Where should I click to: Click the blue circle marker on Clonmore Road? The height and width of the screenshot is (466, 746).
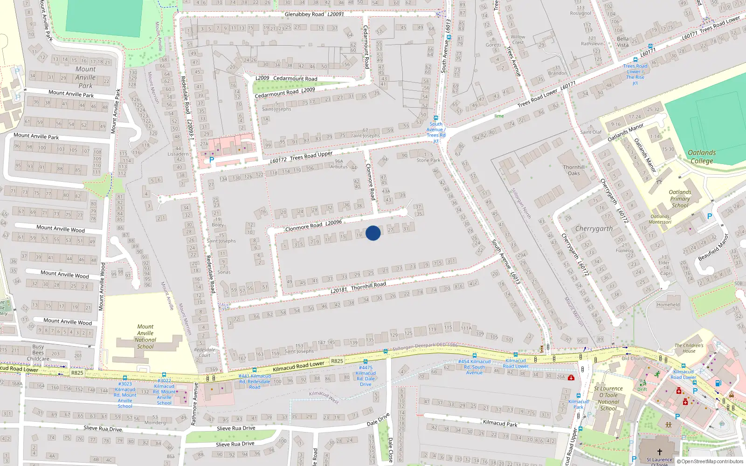pyautogui.click(x=373, y=233)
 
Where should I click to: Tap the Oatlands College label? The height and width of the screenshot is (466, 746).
pyautogui.click(x=702, y=157)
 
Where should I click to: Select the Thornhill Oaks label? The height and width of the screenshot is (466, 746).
pyautogui.click(x=573, y=170)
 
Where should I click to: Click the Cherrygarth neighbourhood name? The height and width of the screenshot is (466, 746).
pyautogui.click(x=594, y=228)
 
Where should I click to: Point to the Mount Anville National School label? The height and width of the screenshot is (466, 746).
pyautogui.click(x=145, y=336)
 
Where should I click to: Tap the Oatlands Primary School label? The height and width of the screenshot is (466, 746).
pyautogui.click(x=680, y=199)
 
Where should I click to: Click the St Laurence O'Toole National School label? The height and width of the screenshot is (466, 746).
pyautogui.click(x=608, y=398)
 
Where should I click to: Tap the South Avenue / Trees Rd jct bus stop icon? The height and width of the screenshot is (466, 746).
pyautogui.click(x=436, y=118)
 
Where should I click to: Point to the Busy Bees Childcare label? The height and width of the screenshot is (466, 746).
pyautogui.click(x=38, y=353)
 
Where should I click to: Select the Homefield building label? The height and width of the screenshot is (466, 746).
pyautogui.click(x=668, y=305)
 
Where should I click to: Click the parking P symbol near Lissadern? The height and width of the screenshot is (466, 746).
pyautogui.click(x=212, y=160)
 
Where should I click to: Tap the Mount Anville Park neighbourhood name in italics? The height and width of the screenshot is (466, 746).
pyautogui.click(x=86, y=77)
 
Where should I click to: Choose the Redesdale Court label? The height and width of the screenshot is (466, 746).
pyautogui.click(x=205, y=352)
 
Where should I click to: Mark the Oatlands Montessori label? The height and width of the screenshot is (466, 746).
pyautogui.click(x=660, y=219)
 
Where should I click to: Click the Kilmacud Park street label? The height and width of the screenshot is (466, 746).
pyautogui.click(x=500, y=423)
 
